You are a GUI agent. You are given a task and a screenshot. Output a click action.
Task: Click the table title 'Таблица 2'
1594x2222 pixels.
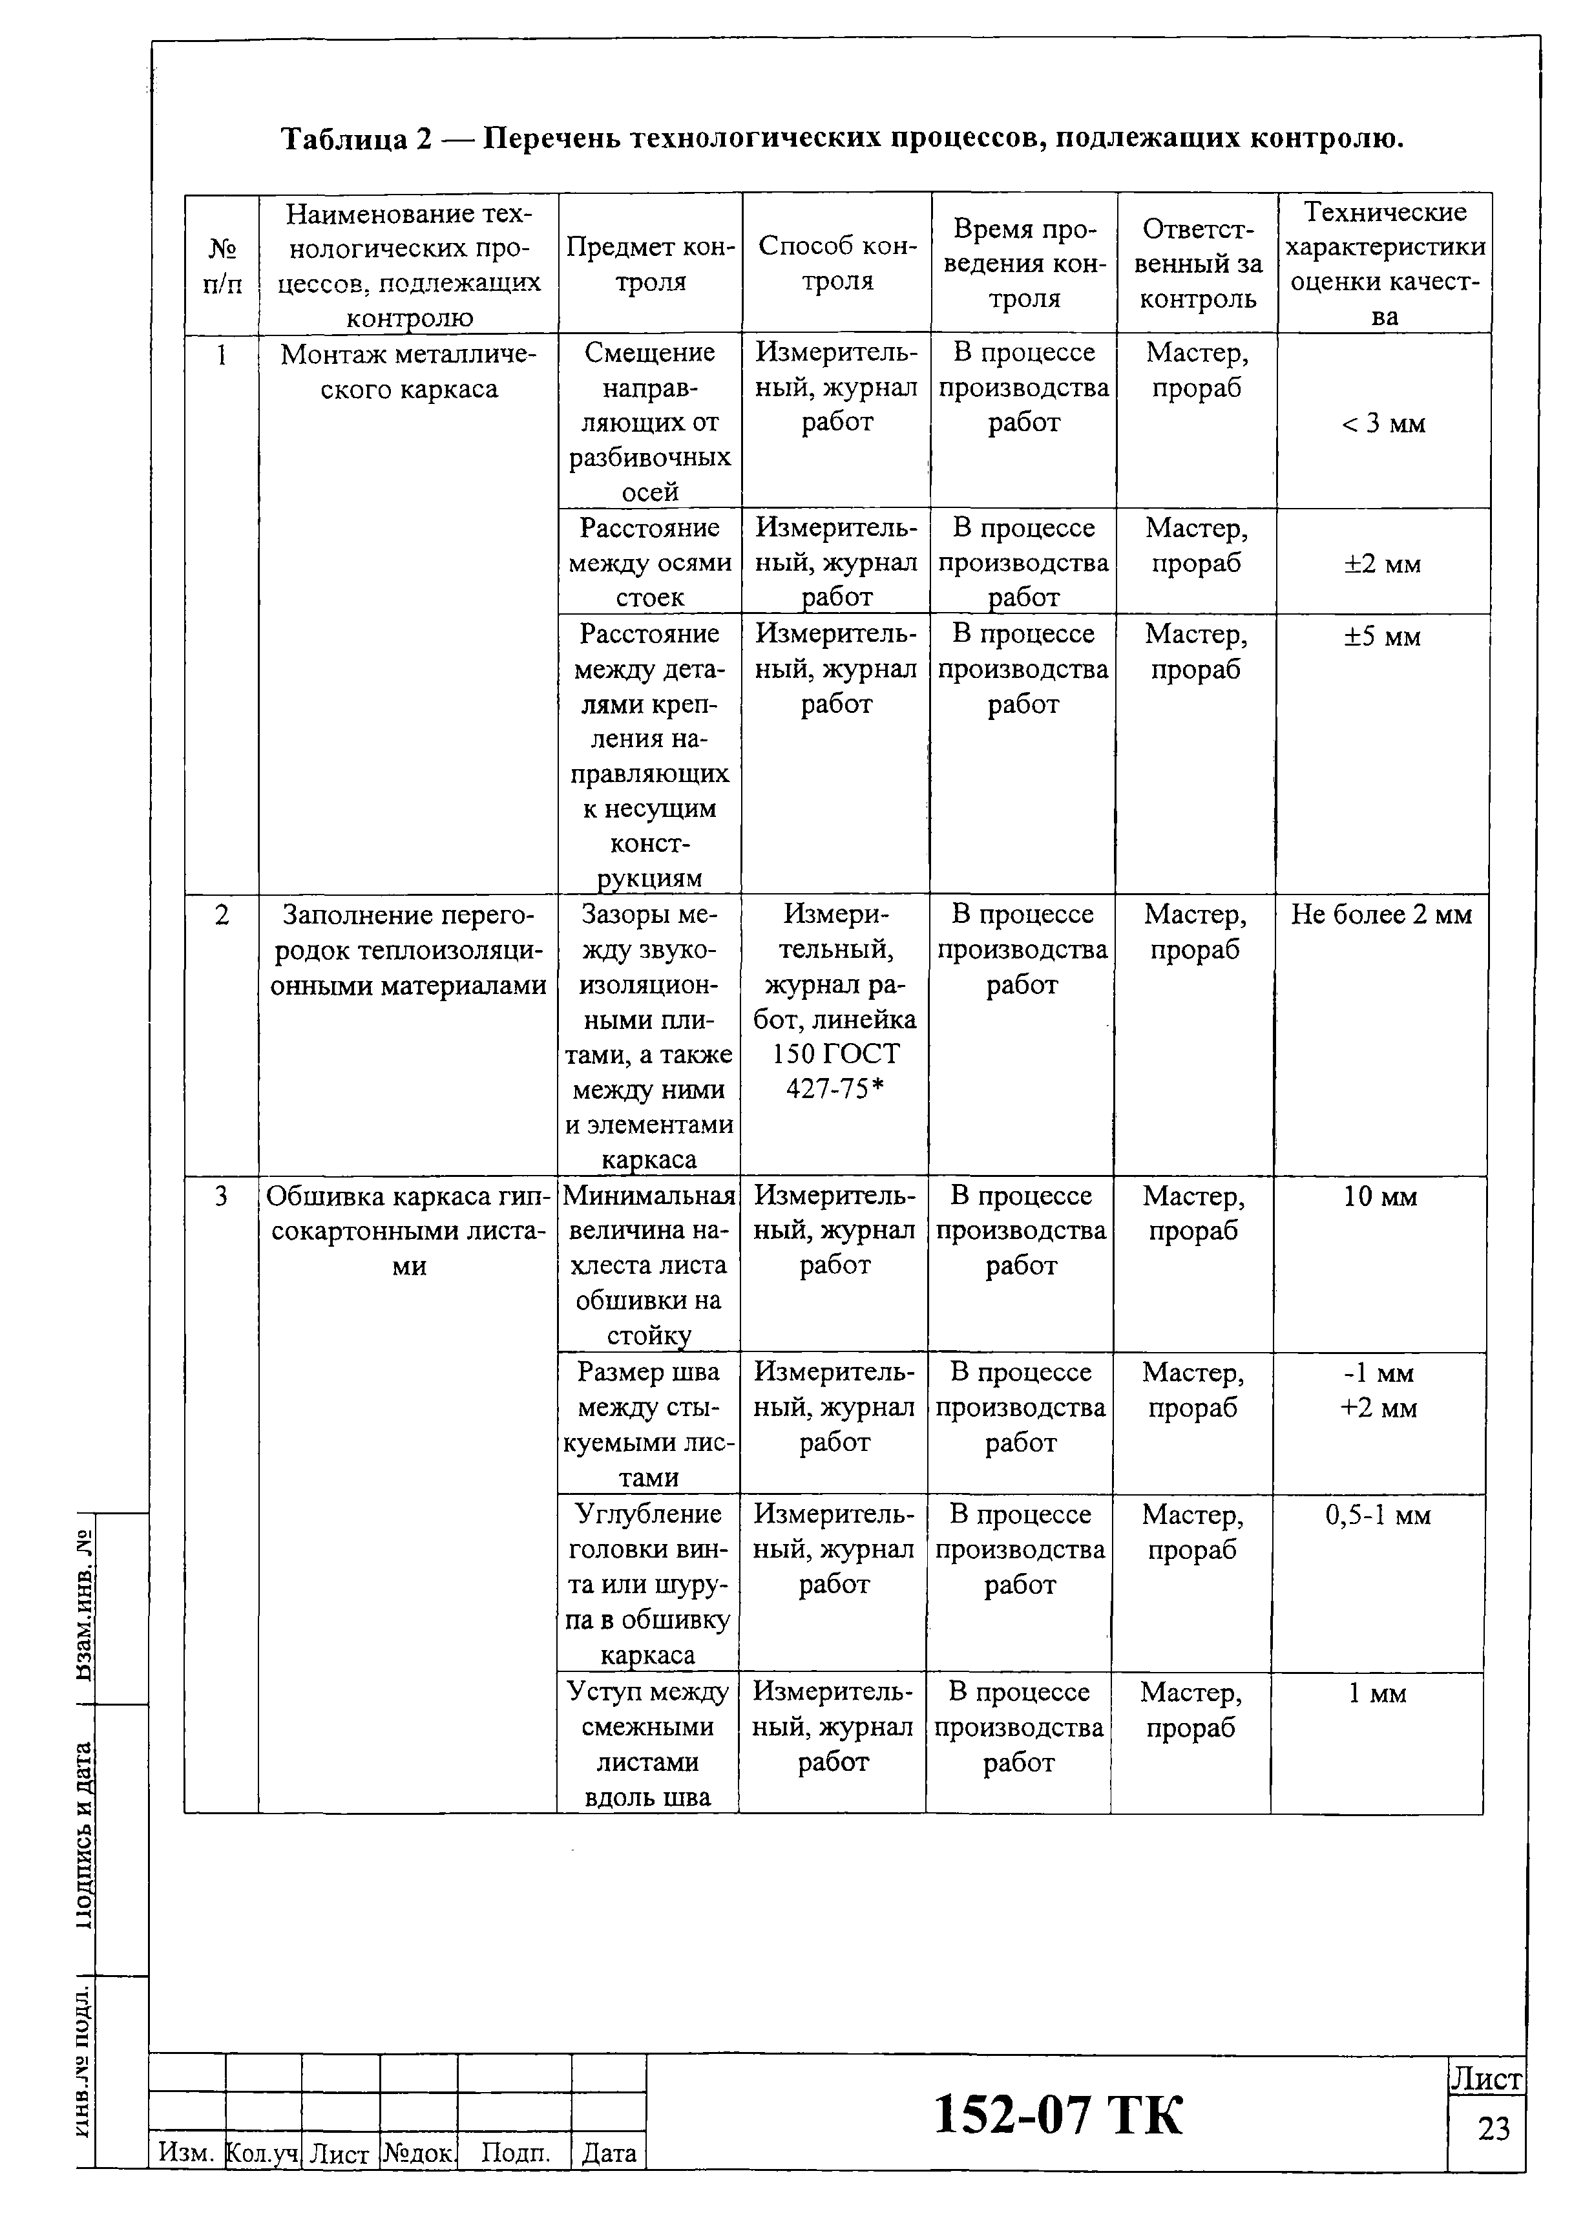357,139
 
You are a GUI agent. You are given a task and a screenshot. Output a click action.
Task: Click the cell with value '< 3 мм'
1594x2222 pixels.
1382,423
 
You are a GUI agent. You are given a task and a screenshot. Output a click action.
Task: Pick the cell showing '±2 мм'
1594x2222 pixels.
1381,564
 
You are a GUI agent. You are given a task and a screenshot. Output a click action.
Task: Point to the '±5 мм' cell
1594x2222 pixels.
1381,636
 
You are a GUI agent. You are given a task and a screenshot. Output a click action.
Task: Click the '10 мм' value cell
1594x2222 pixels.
1379,1196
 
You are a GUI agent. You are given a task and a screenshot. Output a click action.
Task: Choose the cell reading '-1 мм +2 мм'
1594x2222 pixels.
1378,1390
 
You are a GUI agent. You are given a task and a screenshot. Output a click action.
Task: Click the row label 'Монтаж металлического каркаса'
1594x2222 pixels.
408,372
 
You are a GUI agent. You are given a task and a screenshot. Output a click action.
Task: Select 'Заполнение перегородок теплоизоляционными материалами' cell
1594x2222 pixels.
408,949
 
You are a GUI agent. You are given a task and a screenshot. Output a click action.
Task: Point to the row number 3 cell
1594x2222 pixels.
222,1196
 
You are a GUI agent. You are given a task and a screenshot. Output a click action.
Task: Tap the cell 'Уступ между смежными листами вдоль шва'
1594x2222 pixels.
647,1743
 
